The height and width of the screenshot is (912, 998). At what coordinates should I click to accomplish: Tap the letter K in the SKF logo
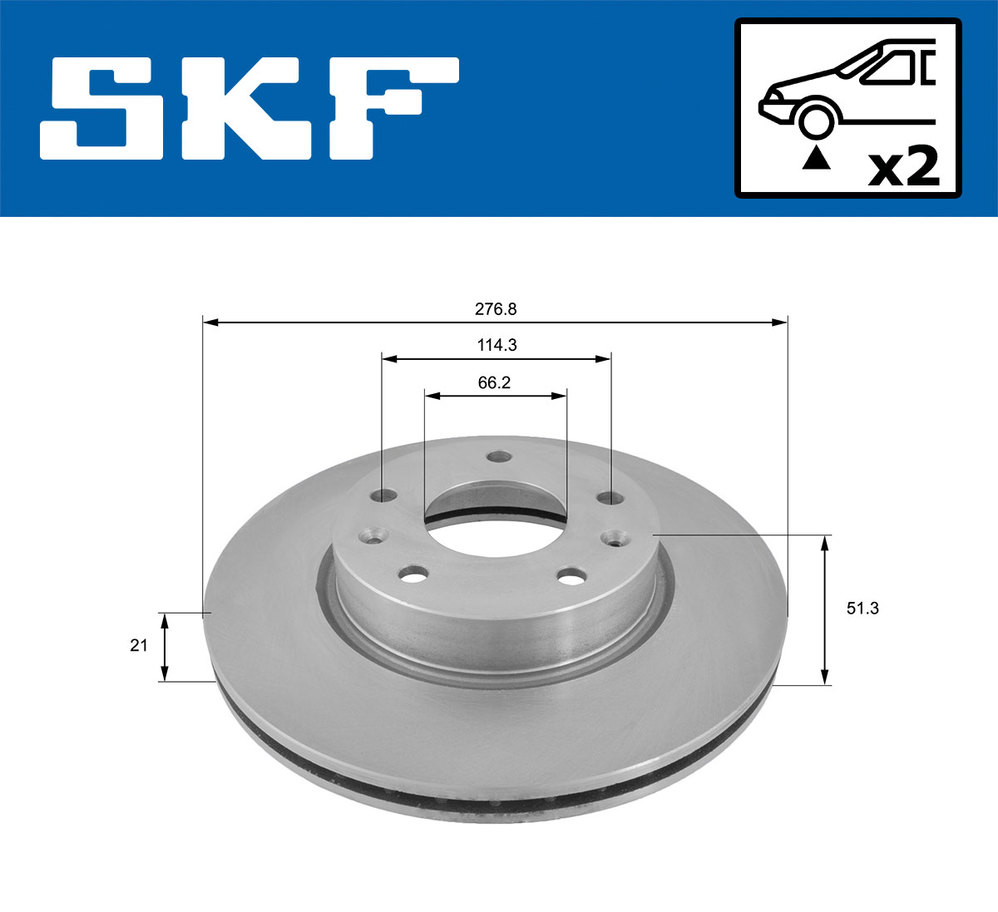pyautogui.click(x=255, y=108)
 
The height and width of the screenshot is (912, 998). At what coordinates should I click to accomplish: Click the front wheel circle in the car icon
pyautogui.click(x=816, y=120)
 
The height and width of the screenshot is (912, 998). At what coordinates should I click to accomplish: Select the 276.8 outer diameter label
pyautogui.click(x=496, y=309)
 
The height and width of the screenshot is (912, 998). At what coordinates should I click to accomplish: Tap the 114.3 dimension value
pyautogui.click(x=497, y=345)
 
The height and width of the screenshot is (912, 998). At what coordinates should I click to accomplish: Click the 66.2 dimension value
pyautogui.click(x=494, y=382)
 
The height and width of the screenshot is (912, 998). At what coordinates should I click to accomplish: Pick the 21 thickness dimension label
pyautogui.click(x=138, y=645)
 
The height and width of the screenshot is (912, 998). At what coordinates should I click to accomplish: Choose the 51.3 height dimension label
pyautogui.click(x=862, y=609)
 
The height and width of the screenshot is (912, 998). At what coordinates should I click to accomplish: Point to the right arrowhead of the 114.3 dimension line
pyautogui.click(x=605, y=359)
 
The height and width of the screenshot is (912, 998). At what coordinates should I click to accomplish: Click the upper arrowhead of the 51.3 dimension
pyautogui.click(x=824, y=542)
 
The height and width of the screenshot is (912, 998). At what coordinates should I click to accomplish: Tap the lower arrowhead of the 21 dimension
pyautogui.click(x=165, y=674)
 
